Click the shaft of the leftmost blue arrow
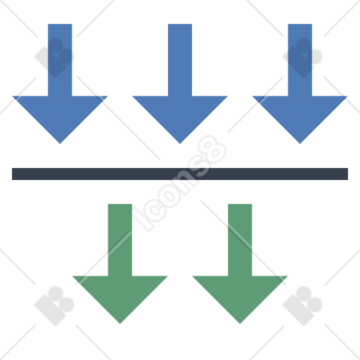[x=60, y=60]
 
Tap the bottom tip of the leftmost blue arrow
[x=60, y=143]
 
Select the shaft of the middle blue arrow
[x=180, y=60]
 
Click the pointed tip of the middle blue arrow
[x=180, y=143]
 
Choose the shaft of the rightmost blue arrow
[x=300, y=60]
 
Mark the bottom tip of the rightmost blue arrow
[x=300, y=143]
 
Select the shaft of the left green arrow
[x=120, y=240]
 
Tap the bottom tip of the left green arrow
[x=120, y=323]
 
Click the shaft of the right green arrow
[x=240, y=240]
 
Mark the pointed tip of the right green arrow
[x=240, y=323]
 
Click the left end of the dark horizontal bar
[x=13, y=174]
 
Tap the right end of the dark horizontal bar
[x=347, y=174]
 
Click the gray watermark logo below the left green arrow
[x=54, y=306]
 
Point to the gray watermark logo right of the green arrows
[x=302, y=306]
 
